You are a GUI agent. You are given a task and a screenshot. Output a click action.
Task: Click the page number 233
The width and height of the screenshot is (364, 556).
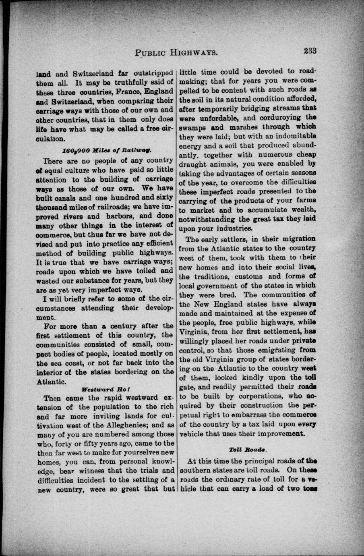[x=310, y=51]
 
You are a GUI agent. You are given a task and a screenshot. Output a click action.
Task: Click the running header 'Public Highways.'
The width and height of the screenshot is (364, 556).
[x=177, y=52]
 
